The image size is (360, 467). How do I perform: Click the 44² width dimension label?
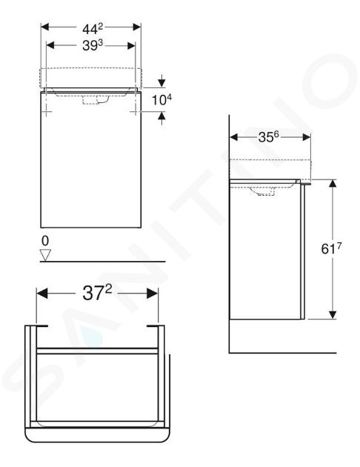(93, 29)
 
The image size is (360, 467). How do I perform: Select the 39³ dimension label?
(93, 45)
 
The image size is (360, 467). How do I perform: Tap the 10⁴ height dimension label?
(161, 100)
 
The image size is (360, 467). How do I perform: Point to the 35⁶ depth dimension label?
(268, 136)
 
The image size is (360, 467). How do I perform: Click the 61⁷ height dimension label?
(331, 248)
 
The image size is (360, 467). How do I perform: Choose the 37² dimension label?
(97, 293)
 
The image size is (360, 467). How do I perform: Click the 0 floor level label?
(45, 241)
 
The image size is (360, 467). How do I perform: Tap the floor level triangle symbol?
(45, 255)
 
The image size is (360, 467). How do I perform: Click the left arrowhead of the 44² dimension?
(44, 27)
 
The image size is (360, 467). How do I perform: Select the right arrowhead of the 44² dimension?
(137, 27)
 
